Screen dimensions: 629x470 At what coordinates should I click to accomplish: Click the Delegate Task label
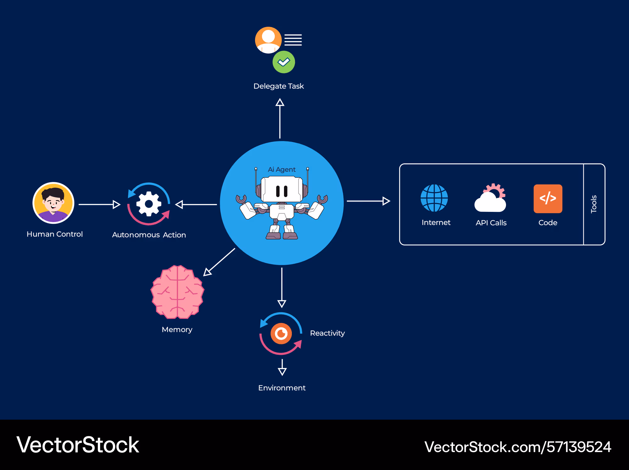279,86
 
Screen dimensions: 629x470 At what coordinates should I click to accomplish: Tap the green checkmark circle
284,62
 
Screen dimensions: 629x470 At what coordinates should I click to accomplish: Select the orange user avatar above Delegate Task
268,40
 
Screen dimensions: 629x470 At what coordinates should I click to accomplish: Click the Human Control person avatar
53,203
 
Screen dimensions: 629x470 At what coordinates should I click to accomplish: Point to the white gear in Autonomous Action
149,204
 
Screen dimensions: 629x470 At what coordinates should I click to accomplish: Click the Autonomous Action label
149,235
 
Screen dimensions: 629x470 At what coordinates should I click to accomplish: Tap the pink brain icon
177,292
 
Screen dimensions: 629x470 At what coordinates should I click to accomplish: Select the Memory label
177,330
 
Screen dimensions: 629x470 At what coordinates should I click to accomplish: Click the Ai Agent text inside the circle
282,169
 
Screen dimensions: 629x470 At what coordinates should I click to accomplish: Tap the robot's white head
282,189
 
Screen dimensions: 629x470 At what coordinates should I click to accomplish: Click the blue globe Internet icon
434,198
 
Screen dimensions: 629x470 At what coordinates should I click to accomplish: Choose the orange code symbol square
548,199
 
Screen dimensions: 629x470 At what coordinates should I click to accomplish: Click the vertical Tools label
594,204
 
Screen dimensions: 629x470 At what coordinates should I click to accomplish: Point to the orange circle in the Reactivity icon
281,333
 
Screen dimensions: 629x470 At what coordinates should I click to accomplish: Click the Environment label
282,388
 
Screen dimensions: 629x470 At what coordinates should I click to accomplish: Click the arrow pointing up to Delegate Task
280,118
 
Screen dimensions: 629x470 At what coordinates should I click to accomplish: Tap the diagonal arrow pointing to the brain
219,262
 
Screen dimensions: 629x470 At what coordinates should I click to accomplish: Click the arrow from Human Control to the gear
99,204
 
